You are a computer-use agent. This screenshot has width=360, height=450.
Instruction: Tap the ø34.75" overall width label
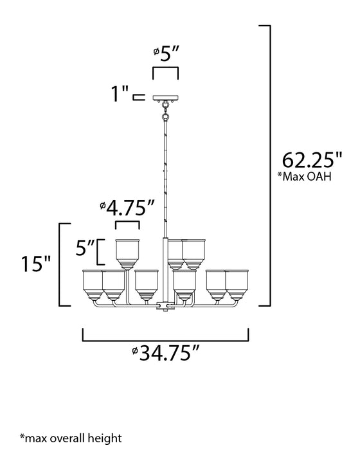(x=165, y=353)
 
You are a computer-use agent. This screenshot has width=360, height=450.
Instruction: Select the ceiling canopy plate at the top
(x=165, y=98)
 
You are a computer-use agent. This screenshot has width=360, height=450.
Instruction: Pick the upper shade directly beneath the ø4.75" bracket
(x=127, y=251)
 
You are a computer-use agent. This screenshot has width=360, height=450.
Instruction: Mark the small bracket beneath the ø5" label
(x=165, y=71)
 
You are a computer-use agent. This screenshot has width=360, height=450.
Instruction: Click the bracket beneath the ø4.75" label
(x=127, y=225)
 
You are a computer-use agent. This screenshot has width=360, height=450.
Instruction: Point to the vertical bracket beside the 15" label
(x=61, y=264)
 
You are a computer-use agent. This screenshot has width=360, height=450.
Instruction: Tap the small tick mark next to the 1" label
(x=137, y=98)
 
